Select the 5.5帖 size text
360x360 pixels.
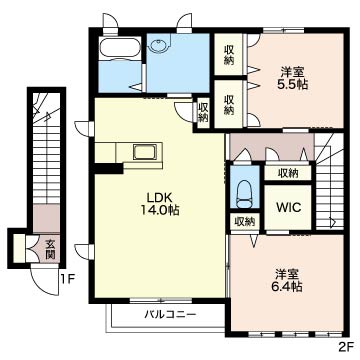(293, 87)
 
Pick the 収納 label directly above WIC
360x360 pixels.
(288, 174)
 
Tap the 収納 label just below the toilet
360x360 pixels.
(244, 222)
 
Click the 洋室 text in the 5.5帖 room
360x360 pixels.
(293, 71)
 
